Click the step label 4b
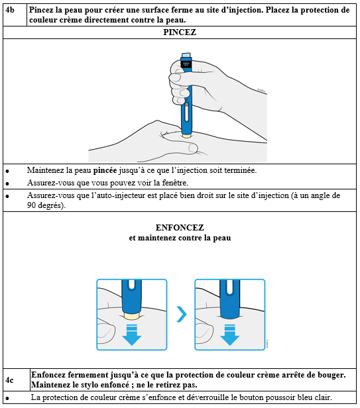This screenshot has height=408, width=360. pyautogui.click(x=10, y=10)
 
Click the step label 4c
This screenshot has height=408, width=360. pyautogui.click(x=10, y=380)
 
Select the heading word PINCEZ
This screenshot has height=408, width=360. pyautogui.click(x=180, y=32)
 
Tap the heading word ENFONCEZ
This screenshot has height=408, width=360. pyautogui.click(x=180, y=228)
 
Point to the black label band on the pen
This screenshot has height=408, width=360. pyautogui.click(x=186, y=64)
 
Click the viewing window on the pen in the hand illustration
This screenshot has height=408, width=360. pyautogui.click(x=186, y=113)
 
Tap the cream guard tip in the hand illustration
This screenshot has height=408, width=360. pyautogui.click(x=186, y=136)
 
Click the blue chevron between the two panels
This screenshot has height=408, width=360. pyautogui.click(x=182, y=315)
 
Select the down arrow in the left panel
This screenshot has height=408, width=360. pyautogui.click(x=132, y=335)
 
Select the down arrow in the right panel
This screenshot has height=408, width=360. pyautogui.click(x=230, y=335)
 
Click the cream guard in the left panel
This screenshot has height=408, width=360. pyautogui.click(x=132, y=316)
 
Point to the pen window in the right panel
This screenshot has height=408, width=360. pyautogui.click(x=230, y=288)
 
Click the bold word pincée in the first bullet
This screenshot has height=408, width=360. pyautogui.click(x=105, y=170)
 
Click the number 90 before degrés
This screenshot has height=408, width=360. pyautogui.click(x=32, y=205)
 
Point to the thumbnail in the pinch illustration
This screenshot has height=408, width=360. pyautogui.click(x=193, y=148)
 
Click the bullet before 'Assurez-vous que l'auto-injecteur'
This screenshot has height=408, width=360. pyautogui.click(x=7, y=196)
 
